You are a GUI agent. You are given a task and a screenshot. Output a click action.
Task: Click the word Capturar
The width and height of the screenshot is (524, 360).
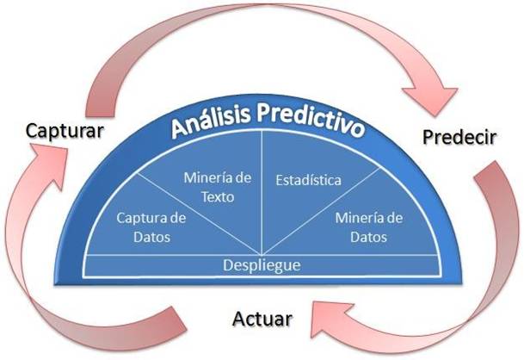pyautogui.click(x=65, y=131)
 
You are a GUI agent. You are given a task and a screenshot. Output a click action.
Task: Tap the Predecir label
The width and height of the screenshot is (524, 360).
pyautogui.click(x=459, y=137)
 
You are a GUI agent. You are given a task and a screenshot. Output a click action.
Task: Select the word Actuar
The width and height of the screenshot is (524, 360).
pyautogui.click(x=262, y=319)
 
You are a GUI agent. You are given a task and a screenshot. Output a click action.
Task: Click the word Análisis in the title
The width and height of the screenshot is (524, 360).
pyautogui.click(x=211, y=120)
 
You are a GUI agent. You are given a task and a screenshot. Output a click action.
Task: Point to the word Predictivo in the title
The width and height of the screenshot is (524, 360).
pyautogui.click(x=311, y=119)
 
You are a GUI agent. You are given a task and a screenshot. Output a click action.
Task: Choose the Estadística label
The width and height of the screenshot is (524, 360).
pyautogui.click(x=308, y=180)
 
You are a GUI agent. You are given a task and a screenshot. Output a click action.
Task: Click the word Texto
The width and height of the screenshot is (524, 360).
pyautogui.click(x=218, y=197)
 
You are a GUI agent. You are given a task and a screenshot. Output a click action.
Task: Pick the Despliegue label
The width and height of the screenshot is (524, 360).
pyautogui.click(x=262, y=265)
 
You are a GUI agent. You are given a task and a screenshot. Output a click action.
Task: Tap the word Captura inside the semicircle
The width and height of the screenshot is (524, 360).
pyautogui.click(x=139, y=218)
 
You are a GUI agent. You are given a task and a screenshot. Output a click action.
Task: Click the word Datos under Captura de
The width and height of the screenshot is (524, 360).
pyautogui.click(x=151, y=237)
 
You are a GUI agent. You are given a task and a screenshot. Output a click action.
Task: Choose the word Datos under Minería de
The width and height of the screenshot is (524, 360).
pyautogui.click(x=368, y=237)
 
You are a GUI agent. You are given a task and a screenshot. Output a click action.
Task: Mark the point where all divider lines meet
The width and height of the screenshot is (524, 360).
pyautogui.click(x=262, y=255)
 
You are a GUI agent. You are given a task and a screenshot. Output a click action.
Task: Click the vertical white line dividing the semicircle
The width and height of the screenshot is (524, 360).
pyautogui.click(x=262, y=192)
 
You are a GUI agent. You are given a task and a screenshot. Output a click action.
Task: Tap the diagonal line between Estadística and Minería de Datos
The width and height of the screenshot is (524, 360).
pyautogui.click(x=321, y=212)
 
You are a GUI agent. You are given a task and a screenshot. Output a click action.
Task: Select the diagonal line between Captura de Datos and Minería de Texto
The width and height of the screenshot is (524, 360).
pyautogui.click(x=199, y=214)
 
